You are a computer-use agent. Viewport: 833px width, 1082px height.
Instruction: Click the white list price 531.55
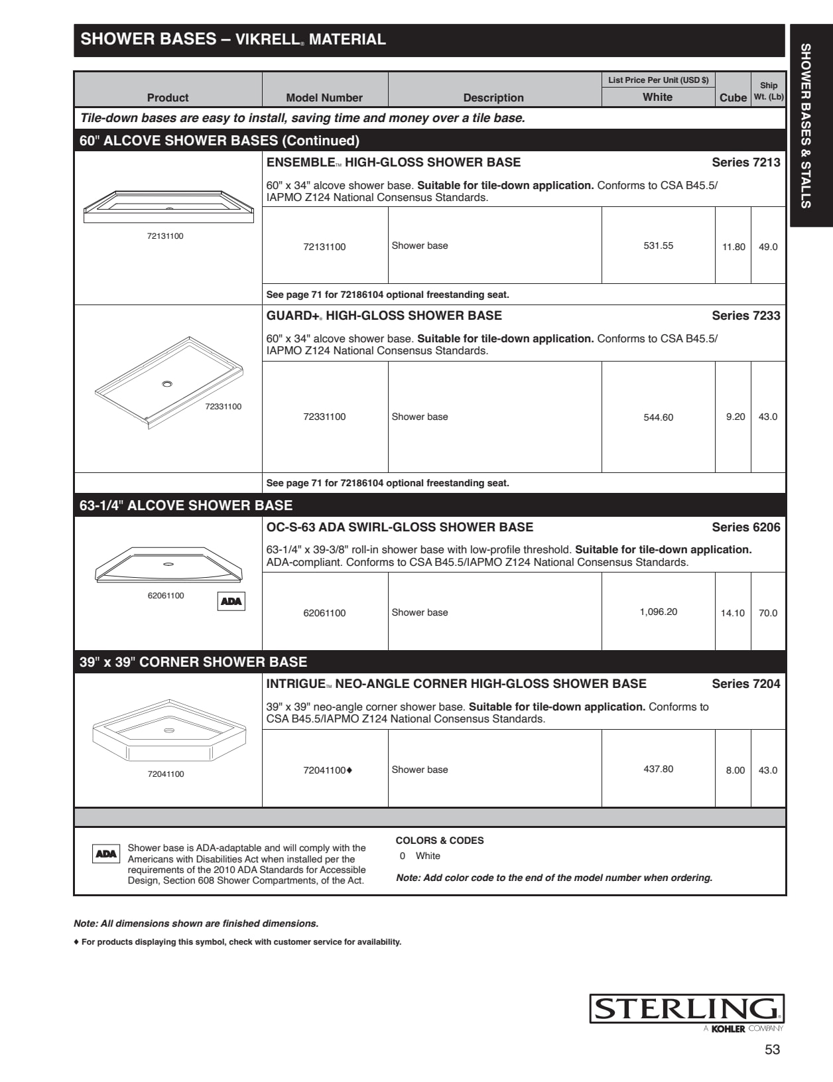(x=658, y=245)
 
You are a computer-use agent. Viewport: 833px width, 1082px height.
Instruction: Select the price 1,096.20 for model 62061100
(x=658, y=612)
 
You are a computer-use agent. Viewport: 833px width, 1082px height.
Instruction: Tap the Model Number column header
(x=324, y=98)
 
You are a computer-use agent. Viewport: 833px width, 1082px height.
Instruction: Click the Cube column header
(x=733, y=98)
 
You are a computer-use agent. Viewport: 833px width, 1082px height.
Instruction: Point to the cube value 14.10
(x=733, y=613)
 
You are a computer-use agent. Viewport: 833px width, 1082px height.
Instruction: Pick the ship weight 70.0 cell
(x=768, y=613)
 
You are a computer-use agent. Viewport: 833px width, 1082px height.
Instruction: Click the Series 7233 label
(x=745, y=316)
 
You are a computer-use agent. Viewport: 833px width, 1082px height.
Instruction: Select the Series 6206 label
(x=745, y=527)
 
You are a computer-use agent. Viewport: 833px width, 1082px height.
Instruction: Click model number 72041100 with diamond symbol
(x=328, y=770)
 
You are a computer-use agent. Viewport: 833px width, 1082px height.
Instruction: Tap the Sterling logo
(x=686, y=1009)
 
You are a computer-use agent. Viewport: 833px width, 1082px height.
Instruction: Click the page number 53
(x=772, y=1049)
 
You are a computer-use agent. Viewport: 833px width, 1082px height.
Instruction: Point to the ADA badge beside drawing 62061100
(x=231, y=601)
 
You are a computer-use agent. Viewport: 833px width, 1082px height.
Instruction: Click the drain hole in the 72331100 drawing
(x=167, y=383)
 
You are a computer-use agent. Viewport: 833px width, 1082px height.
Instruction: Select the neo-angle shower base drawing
(x=169, y=731)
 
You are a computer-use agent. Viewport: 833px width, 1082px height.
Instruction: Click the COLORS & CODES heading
(x=440, y=841)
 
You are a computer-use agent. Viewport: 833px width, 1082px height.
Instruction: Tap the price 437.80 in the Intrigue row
(x=658, y=769)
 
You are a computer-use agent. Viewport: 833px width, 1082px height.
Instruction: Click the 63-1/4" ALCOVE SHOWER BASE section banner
(x=186, y=506)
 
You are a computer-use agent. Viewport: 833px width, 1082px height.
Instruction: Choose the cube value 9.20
(x=735, y=417)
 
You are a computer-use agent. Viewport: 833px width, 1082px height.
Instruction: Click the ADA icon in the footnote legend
(x=106, y=854)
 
